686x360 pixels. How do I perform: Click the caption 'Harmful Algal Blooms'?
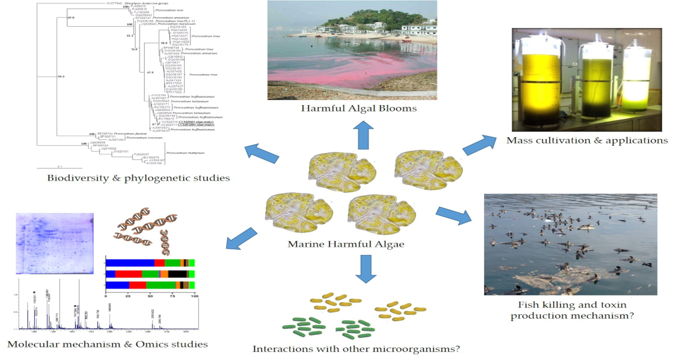(360, 109)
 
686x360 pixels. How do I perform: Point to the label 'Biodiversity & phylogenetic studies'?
(139, 178)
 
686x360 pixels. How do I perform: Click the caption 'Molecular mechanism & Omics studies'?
(107, 344)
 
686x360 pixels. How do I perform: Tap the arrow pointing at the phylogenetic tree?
(263, 156)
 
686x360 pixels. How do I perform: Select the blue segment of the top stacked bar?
(131, 263)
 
